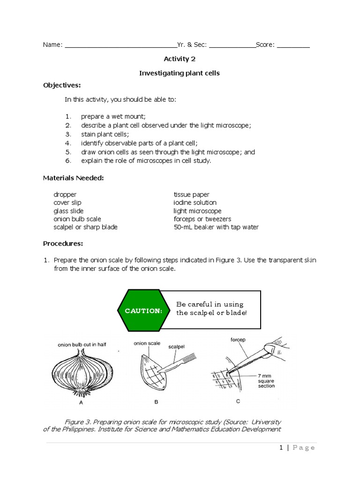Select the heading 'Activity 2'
[x=180, y=59]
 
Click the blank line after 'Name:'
[x=120, y=45]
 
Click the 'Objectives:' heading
[x=62, y=85]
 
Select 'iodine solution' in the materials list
[x=195, y=202]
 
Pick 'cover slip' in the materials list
[x=67, y=202]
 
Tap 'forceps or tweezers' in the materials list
[x=202, y=219]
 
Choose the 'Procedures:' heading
[x=63, y=243]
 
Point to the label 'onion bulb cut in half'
[x=82, y=345]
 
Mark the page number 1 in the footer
[x=281, y=448]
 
